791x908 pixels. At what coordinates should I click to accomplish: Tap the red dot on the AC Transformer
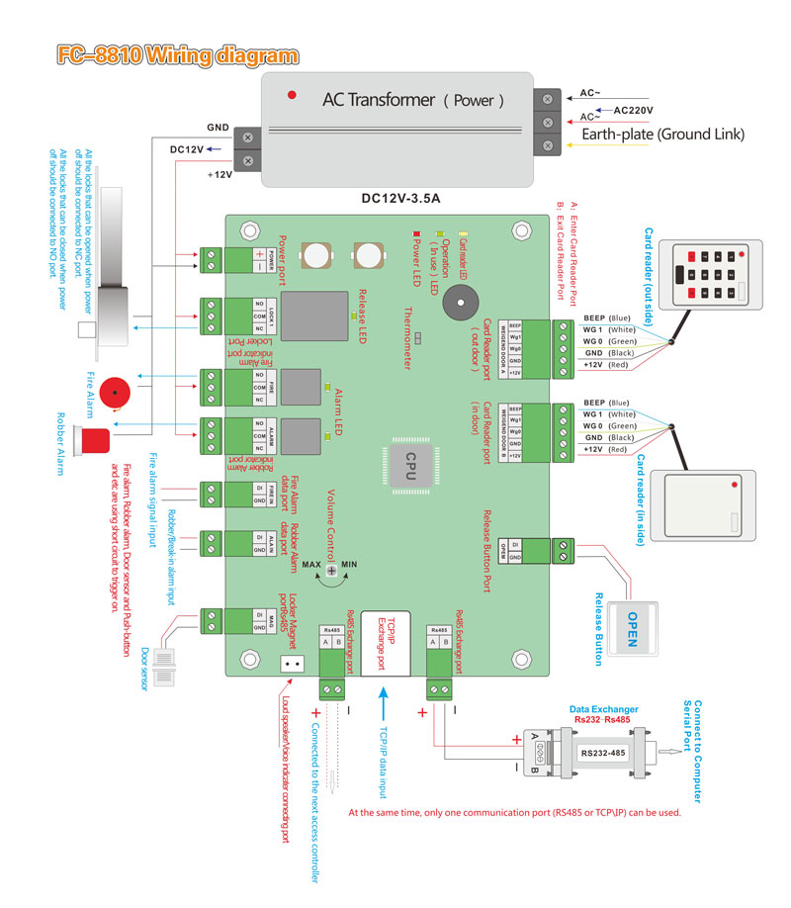pos(291,95)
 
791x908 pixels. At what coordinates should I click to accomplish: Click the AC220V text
pos(641,111)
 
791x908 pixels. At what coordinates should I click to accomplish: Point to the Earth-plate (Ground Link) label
pos(661,135)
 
